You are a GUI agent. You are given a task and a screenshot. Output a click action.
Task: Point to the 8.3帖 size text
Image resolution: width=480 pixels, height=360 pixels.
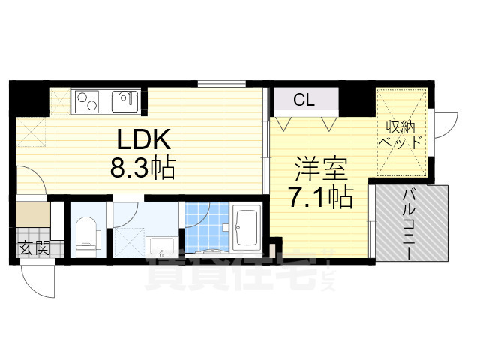142,168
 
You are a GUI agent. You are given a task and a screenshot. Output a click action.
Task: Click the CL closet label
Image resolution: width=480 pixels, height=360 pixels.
304,99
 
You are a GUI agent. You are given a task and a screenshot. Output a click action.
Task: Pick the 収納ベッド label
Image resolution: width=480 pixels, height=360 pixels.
403,134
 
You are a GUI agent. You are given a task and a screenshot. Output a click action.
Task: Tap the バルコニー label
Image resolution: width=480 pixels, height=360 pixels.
411,223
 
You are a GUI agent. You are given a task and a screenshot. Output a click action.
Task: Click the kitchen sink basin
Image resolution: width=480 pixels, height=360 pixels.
124,100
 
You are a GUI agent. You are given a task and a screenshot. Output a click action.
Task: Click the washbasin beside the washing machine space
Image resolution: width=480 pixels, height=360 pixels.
161,245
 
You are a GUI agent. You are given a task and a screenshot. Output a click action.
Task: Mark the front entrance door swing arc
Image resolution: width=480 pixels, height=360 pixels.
37,281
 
